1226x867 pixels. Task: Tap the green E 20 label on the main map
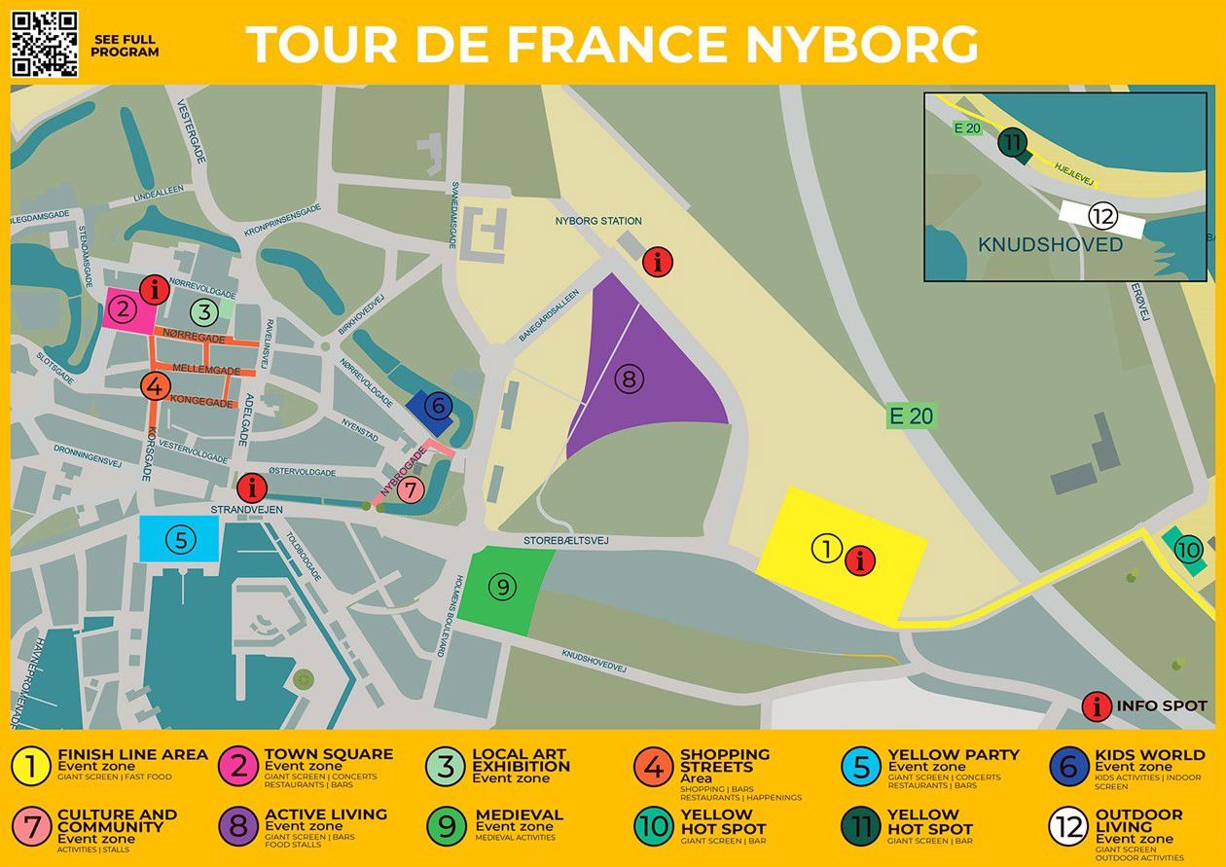coord(911,416)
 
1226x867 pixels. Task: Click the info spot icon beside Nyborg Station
coord(659,261)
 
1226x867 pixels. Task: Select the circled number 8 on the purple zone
coord(629,379)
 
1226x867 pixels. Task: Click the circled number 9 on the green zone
coord(502,587)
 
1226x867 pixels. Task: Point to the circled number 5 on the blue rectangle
coord(180,539)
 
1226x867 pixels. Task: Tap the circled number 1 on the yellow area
coord(826,549)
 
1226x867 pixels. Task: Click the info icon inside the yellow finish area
coord(860,560)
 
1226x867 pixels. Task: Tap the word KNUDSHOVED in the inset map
coord(1050,244)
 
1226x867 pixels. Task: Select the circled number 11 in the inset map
coord(1013,144)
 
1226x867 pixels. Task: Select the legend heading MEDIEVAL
coord(519,814)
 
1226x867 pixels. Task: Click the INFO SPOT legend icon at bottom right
coord(1097,706)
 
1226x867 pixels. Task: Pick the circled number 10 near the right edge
coord(1188,550)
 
